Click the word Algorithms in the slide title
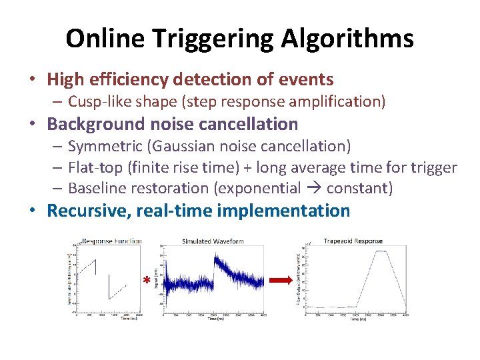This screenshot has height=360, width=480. point(348,39)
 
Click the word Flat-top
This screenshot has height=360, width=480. point(93,167)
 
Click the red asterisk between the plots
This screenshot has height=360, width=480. point(146,281)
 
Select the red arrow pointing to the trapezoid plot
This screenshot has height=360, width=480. point(283,280)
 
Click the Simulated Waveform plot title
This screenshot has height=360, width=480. point(213,241)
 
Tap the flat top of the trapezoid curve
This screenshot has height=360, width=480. point(381,251)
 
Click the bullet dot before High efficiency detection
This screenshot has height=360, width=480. point(32,80)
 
